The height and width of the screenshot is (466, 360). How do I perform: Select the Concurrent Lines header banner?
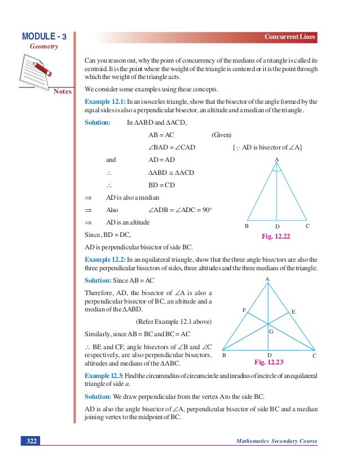(290, 37)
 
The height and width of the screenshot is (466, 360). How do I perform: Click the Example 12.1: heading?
(104, 102)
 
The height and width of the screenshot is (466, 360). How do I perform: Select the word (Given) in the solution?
(222, 135)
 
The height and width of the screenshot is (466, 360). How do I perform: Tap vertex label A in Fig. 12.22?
(276, 160)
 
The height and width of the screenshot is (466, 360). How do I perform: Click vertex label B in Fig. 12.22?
(246, 226)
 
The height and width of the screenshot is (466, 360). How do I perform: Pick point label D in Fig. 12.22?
(277, 227)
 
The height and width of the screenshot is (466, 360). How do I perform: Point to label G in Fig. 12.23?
(271, 332)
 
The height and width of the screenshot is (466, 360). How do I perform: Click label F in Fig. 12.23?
(244, 310)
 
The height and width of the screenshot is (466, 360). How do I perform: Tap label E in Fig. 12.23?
(293, 311)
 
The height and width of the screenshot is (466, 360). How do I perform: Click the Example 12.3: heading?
(104, 376)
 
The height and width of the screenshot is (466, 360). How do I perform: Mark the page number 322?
(29, 441)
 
